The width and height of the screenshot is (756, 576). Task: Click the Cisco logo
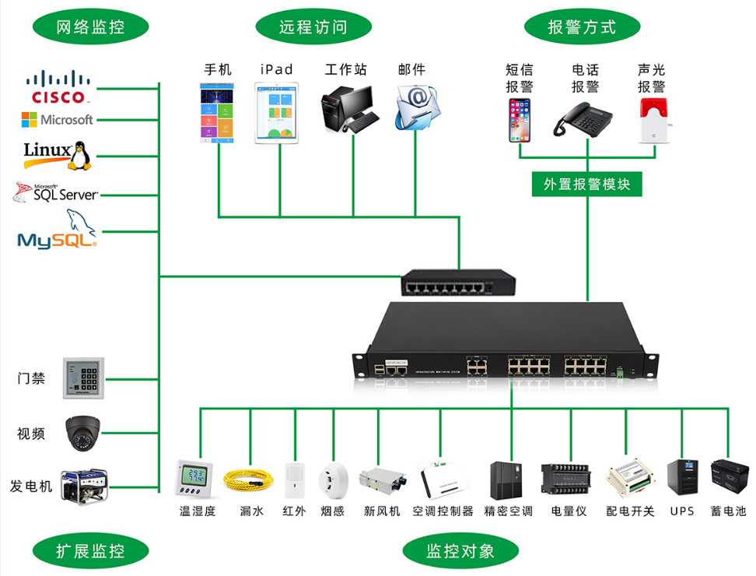click(58, 87)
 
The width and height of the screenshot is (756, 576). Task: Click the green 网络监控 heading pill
click(90, 26)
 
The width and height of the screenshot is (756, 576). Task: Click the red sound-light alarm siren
click(653, 120)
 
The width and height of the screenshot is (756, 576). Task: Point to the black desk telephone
click(583, 119)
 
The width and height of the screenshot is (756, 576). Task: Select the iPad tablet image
click(277, 114)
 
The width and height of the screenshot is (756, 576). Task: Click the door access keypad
click(83, 379)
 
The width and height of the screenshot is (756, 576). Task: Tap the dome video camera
click(82, 433)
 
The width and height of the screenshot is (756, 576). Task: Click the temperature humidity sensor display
click(194, 477)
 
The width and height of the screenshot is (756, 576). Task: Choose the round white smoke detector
click(333, 480)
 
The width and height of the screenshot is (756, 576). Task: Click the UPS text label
click(681, 511)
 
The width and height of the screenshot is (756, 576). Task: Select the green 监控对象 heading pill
click(460, 552)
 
